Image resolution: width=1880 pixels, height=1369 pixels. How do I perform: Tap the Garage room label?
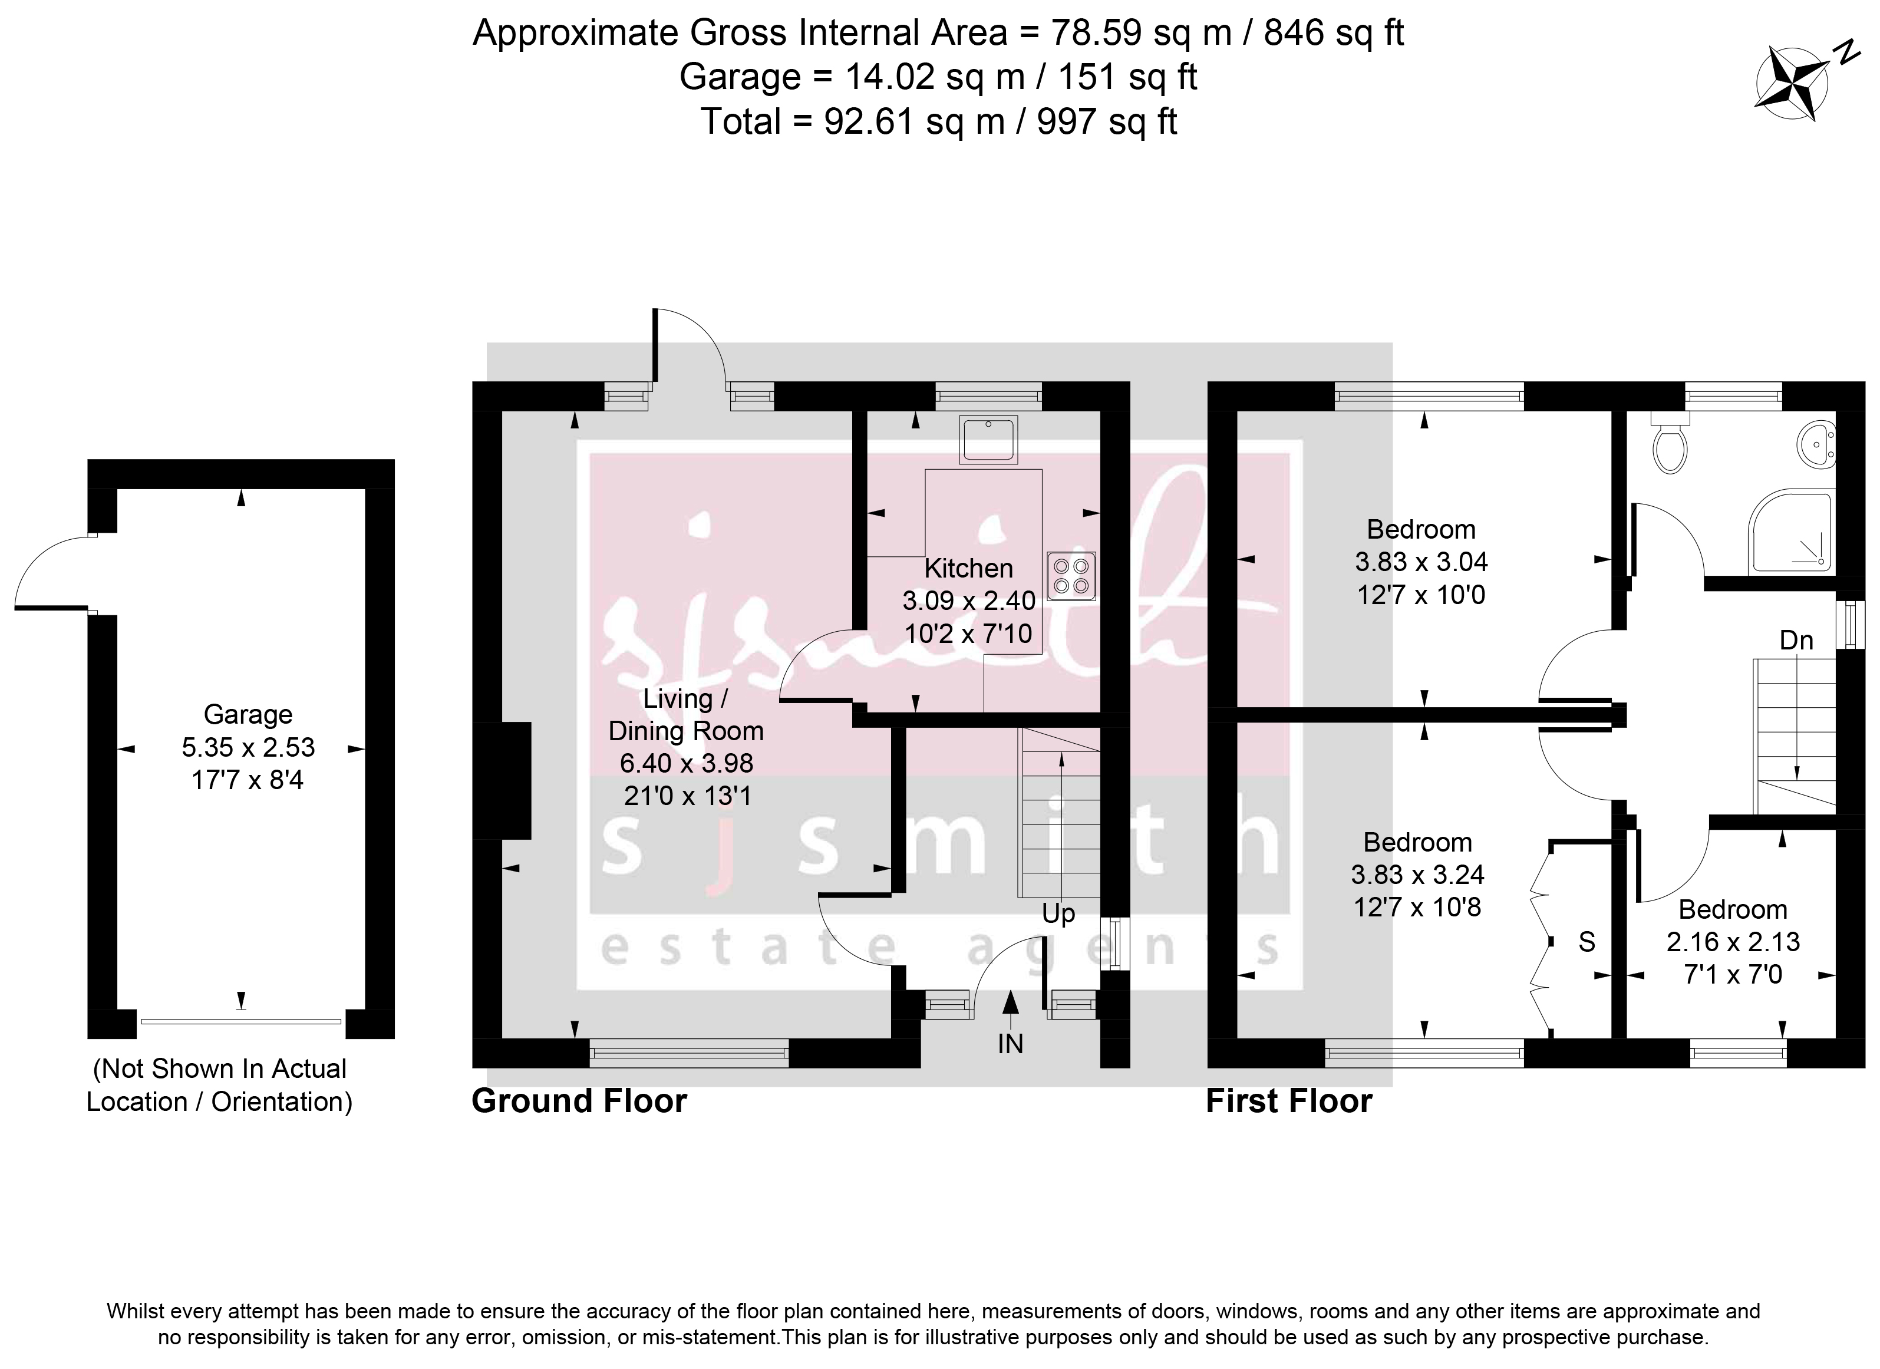pyautogui.click(x=248, y=714)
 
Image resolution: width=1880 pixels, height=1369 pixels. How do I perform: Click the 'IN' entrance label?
pyautogui.click(x=1011, y=1043)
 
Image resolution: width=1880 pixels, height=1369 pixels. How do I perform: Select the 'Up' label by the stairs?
pyautogui.click(x=1058, y=914)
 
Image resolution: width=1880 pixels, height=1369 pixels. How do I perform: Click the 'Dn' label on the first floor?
pyautogui.click(x=1796, y=641)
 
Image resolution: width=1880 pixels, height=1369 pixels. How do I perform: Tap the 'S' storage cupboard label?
pyautogui.click(x=1587, y=942)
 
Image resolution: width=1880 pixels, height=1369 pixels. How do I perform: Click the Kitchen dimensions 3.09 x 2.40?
pyautogui.click(x=969, y=601)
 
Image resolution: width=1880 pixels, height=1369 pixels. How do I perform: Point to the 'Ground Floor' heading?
pyautogui.click(x=579, y=1101)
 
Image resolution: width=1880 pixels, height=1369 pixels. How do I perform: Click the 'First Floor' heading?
pyautogui.click(x=1289, y=1101)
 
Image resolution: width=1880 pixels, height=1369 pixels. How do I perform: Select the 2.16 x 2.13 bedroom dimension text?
pyautogui.click(x=1733, y=941)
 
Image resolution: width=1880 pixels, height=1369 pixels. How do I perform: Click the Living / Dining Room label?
pyautogui.click(x=687, y=714)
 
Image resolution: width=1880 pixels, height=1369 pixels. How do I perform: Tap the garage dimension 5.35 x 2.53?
pyautogui.click(x=249, y=747)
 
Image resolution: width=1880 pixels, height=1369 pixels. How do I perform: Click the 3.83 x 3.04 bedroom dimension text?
pyautogui.click(x=1421, y=562)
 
